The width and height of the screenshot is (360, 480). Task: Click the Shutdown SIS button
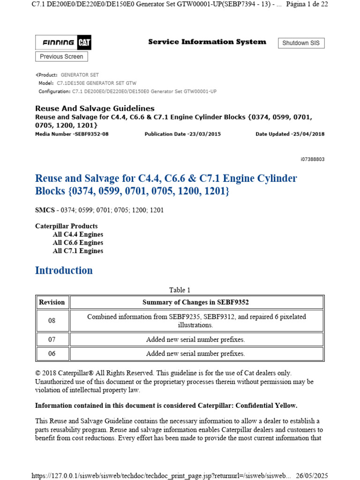(x=301, y=43)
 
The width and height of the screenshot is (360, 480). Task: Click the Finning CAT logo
(x=64, y=43)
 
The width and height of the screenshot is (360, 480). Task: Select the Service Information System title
(x=207, y=42)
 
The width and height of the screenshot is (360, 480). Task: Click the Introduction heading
(x=64, y=270)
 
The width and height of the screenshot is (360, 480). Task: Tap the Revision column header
(x=52, y=302)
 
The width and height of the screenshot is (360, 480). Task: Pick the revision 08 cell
(x=52, y=321)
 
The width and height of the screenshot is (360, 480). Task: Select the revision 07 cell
(x=52, y=339)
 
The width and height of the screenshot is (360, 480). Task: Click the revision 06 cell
(x=52, y=353)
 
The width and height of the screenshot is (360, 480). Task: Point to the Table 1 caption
(x=180, y=290)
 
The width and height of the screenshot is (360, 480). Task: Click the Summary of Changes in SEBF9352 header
(x=196, y=302)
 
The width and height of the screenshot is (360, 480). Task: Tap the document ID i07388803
(x=312, y=159)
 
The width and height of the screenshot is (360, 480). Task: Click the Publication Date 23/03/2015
(x=182, y=134)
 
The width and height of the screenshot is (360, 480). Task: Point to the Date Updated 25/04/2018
(x=290, y=134)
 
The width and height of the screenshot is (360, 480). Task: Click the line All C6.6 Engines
(x=78, y=243)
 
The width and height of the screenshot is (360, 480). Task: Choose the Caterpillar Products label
(x=66, y=226)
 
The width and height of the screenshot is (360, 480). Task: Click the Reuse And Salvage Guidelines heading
(x=95, y=109)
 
